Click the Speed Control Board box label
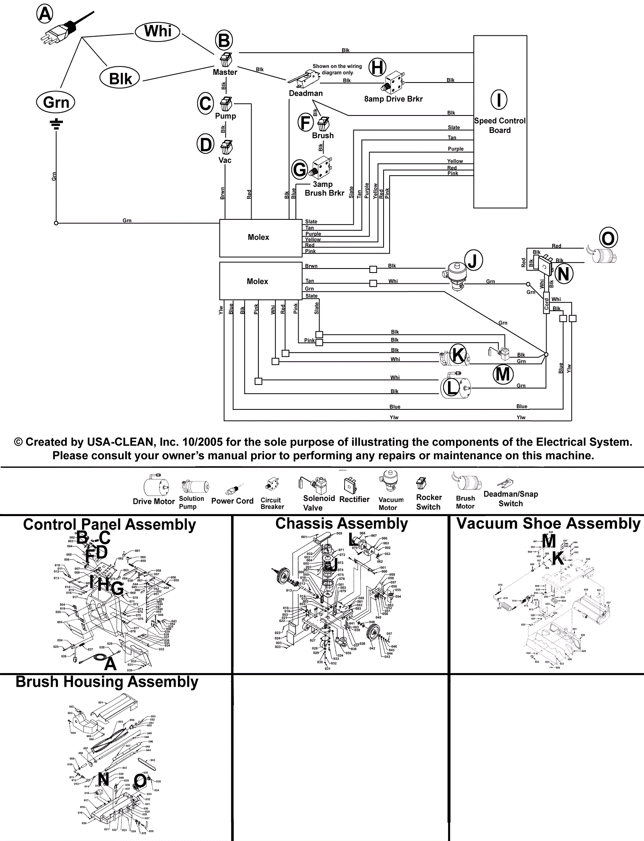point(500,125)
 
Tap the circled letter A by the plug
point(45,14)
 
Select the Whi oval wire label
point(157,31)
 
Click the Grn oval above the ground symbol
point(56,102)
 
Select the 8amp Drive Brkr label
point(393,99)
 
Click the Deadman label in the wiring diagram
point(305,93)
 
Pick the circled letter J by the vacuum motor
point(473,260)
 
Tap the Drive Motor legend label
point(154,501)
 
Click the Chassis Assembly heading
point(341,523)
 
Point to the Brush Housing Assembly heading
point(107,682)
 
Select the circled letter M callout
point(503,374)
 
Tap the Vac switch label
point(225,160)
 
